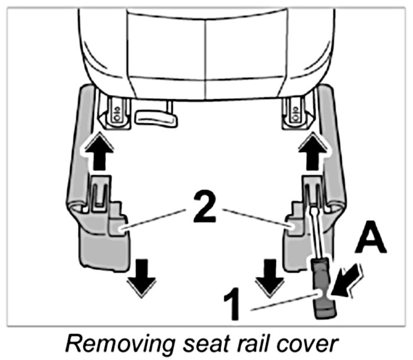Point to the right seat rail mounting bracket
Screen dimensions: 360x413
296,110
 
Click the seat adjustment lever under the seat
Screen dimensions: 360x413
156,116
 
